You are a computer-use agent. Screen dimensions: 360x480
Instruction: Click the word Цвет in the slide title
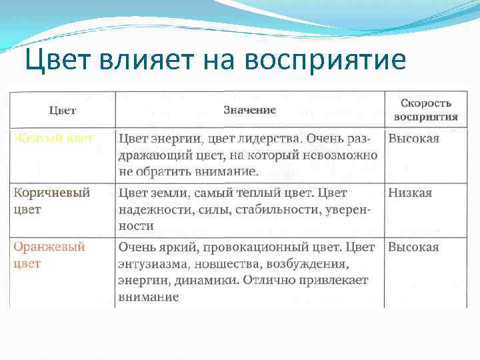click(x=51, y=60)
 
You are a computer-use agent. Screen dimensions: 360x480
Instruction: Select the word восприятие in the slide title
click(x=325, y=60)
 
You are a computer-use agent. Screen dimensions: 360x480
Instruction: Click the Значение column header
click(x=249, y=109)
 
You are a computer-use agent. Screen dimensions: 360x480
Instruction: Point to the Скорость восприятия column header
click(x=425, y=109)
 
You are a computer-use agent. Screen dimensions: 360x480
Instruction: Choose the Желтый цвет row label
click(x=54, y=138)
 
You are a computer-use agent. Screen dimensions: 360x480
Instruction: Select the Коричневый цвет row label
click(x=51, y=201)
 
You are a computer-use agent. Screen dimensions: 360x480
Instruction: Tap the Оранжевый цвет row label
click(x=49, y=255)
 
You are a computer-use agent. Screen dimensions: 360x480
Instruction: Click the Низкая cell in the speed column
click(x=410, y=193)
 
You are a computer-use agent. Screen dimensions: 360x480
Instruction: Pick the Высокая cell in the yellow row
click(x=413, y=138)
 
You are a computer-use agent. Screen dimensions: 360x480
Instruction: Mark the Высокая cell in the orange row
click(x=413, y=247)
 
